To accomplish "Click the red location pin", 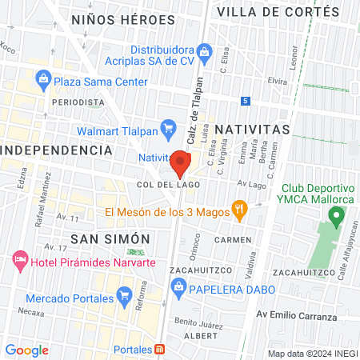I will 180,164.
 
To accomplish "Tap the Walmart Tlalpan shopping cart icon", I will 168,127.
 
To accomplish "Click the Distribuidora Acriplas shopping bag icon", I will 205,53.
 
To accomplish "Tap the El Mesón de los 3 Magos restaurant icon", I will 238,211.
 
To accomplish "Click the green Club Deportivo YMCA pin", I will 337,214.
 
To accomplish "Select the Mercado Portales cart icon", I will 123,297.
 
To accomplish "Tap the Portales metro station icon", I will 161,350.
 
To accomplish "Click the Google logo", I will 26,350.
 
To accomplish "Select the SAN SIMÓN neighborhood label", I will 110,238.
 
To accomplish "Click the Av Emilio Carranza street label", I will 296,316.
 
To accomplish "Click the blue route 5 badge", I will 246,101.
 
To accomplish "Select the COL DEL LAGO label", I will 168,184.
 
